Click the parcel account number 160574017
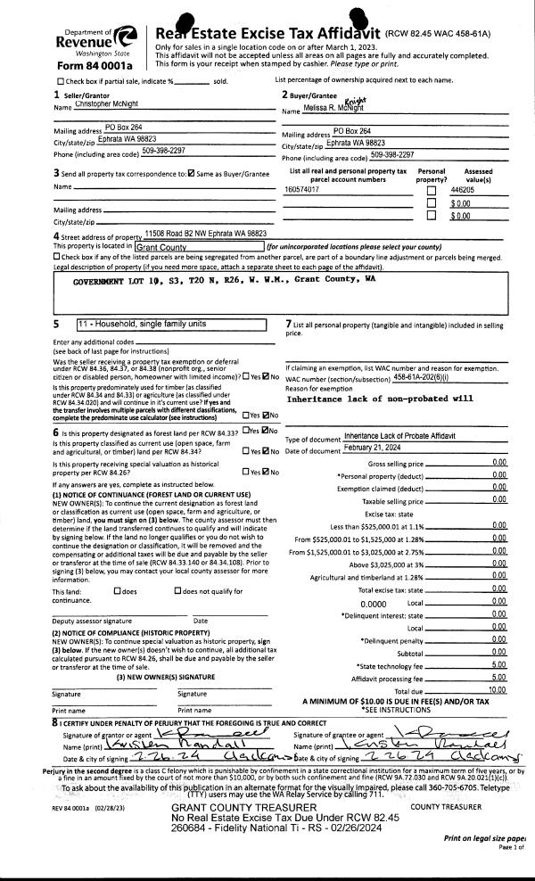coord(302,190)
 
